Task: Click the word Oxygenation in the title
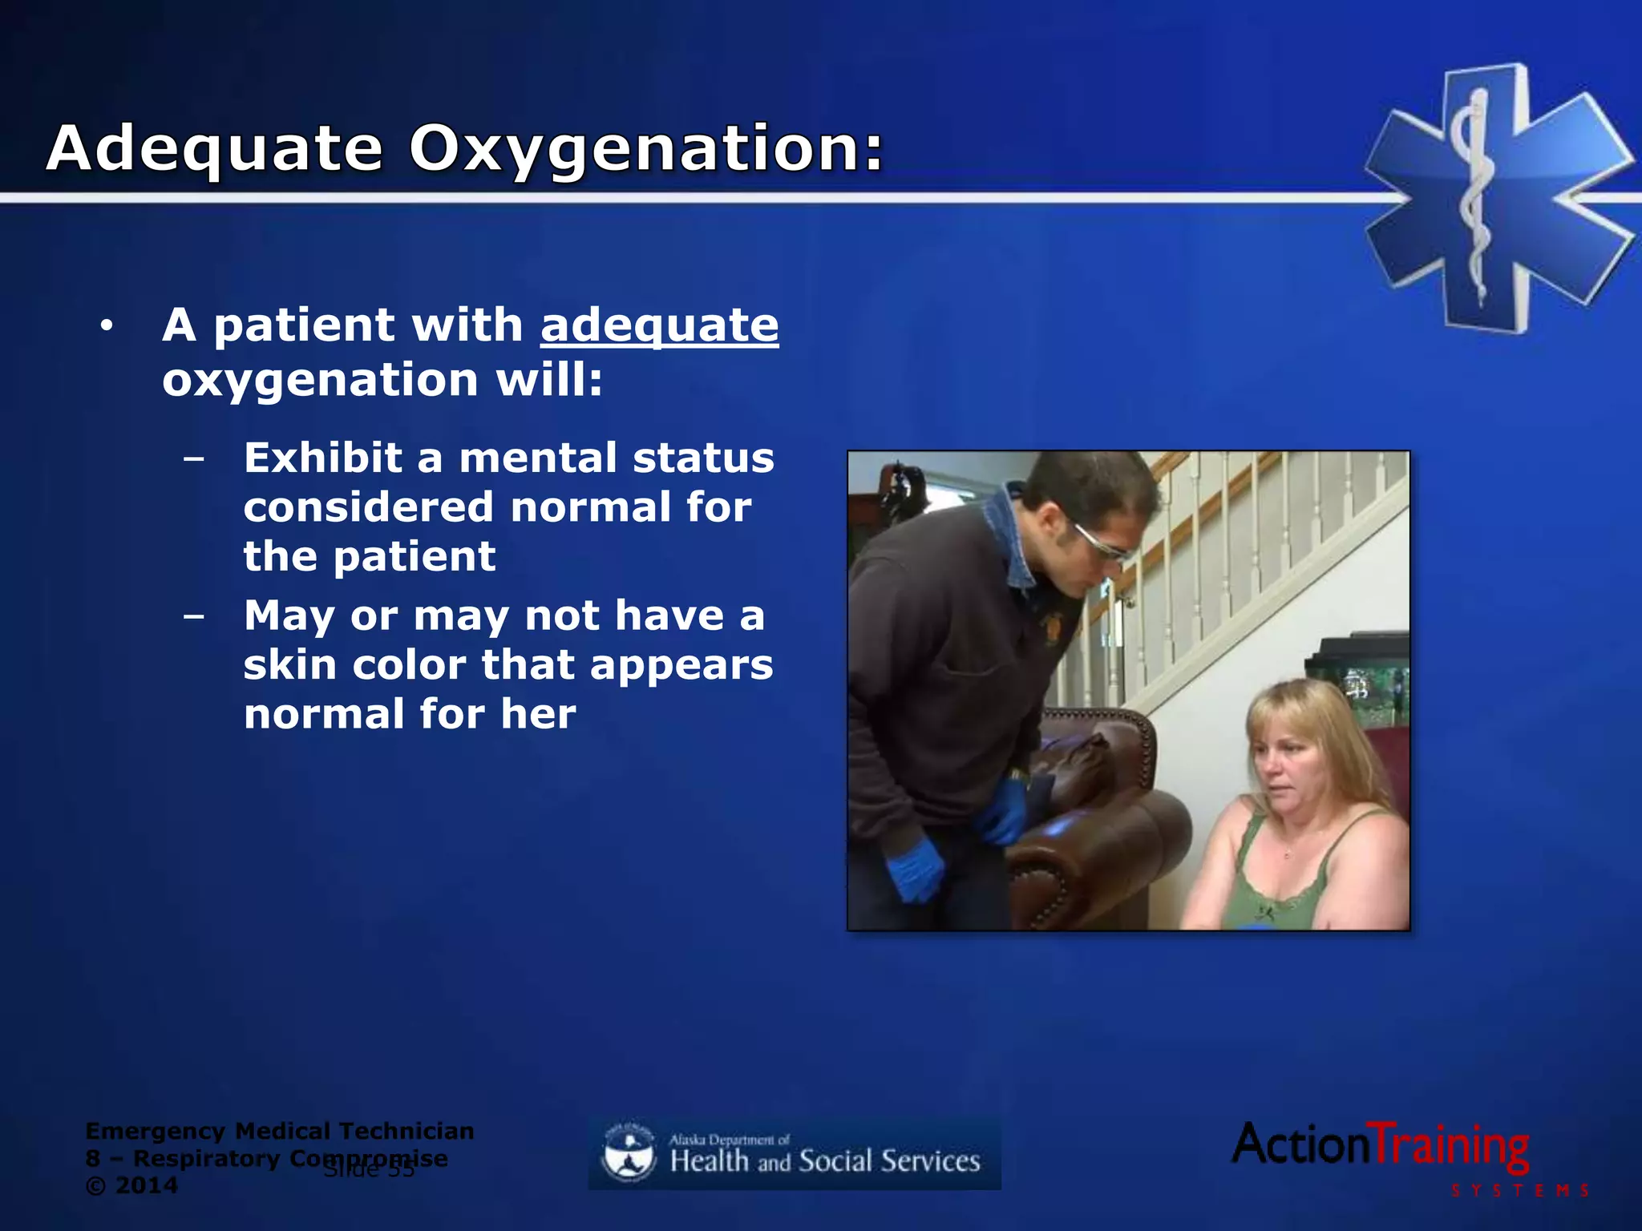point(645,150)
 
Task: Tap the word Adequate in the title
point(214,150)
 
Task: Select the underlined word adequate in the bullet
point(659,325)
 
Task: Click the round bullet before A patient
point(107,326)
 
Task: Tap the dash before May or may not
point(193,616)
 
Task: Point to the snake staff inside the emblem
point(1474,192)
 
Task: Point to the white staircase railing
point(1251,561)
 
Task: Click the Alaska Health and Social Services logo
point(795,1154)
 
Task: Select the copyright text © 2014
point(132,1185)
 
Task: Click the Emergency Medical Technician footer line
point(279,1131)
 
